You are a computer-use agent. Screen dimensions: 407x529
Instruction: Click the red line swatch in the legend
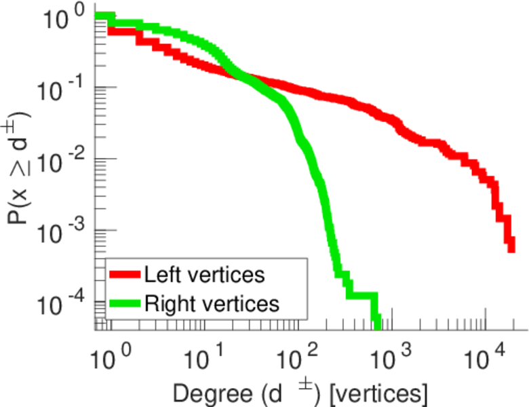(x=125, y=275)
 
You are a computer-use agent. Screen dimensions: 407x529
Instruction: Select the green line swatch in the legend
(x=125, y=303)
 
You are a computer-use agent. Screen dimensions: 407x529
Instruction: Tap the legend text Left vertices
(x=204, y=275)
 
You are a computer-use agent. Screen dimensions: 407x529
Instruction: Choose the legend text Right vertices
(x=211, y=303)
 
